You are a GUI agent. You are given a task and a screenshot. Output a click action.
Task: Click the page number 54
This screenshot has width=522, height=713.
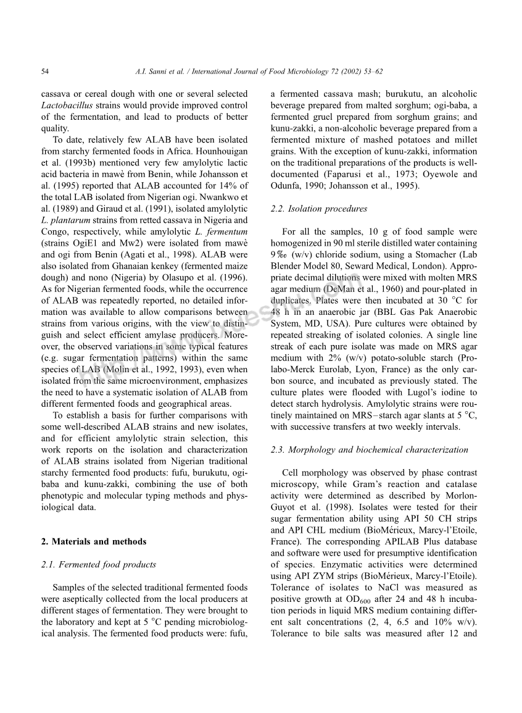(45, 72)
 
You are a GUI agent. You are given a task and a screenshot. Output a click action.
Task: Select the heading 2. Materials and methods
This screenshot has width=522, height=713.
(94, 541)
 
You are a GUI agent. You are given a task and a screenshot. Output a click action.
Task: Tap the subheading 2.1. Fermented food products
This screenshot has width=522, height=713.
(99, 564)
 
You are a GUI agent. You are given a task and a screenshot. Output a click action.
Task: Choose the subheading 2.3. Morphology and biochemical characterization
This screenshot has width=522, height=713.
(369, 449)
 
